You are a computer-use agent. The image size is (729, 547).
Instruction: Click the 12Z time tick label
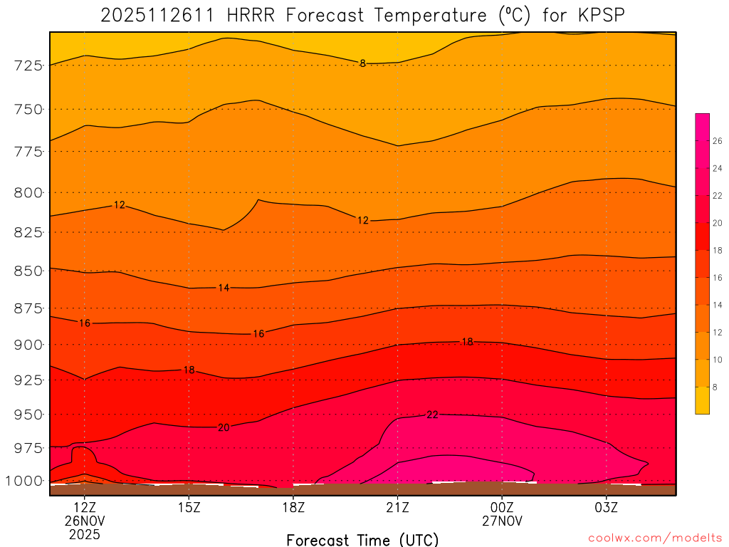[85, 508]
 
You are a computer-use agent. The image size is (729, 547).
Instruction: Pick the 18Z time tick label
[293, 508]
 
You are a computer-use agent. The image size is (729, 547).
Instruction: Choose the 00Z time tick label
[502, 508]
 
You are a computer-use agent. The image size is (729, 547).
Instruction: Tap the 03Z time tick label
[607, 508]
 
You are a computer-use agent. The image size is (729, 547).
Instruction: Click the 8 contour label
[362, 63]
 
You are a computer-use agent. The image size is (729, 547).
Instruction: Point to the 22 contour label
[432, 415]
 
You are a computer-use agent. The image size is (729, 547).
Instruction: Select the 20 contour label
[224, 427]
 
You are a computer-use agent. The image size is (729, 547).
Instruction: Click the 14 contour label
[224, 288]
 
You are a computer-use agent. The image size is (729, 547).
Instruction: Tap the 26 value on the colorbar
[718, 142]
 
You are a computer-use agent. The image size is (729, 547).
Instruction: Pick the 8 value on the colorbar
[715, 387]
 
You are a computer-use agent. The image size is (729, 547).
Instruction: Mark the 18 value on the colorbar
[718, 251]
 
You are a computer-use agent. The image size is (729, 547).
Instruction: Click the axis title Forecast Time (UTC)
[362, 539]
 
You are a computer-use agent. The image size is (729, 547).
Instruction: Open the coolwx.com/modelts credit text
[655, 538]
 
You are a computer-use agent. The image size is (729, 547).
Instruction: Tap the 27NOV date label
[502, 521]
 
